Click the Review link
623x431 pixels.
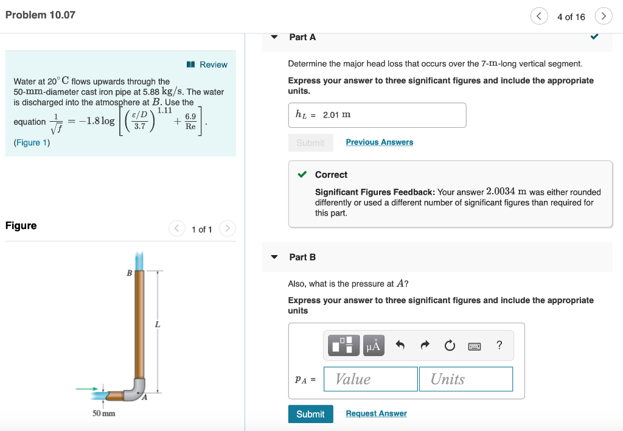208,65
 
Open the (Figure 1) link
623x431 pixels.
32,142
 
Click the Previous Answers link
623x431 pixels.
379,142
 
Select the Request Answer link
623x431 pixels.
376,413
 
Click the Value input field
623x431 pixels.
371,379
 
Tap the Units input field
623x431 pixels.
465,379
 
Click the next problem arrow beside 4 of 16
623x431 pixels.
603,16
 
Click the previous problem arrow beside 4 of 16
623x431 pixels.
538,16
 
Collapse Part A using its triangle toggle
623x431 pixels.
274,37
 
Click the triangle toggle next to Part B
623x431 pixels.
274,257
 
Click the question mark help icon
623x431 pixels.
499,345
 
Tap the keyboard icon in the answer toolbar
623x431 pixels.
475,346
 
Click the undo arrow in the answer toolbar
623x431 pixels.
400,345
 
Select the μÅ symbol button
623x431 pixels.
374,346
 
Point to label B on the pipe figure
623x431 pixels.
129,273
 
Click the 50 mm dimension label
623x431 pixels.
103,413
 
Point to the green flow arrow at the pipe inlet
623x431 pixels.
86,388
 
